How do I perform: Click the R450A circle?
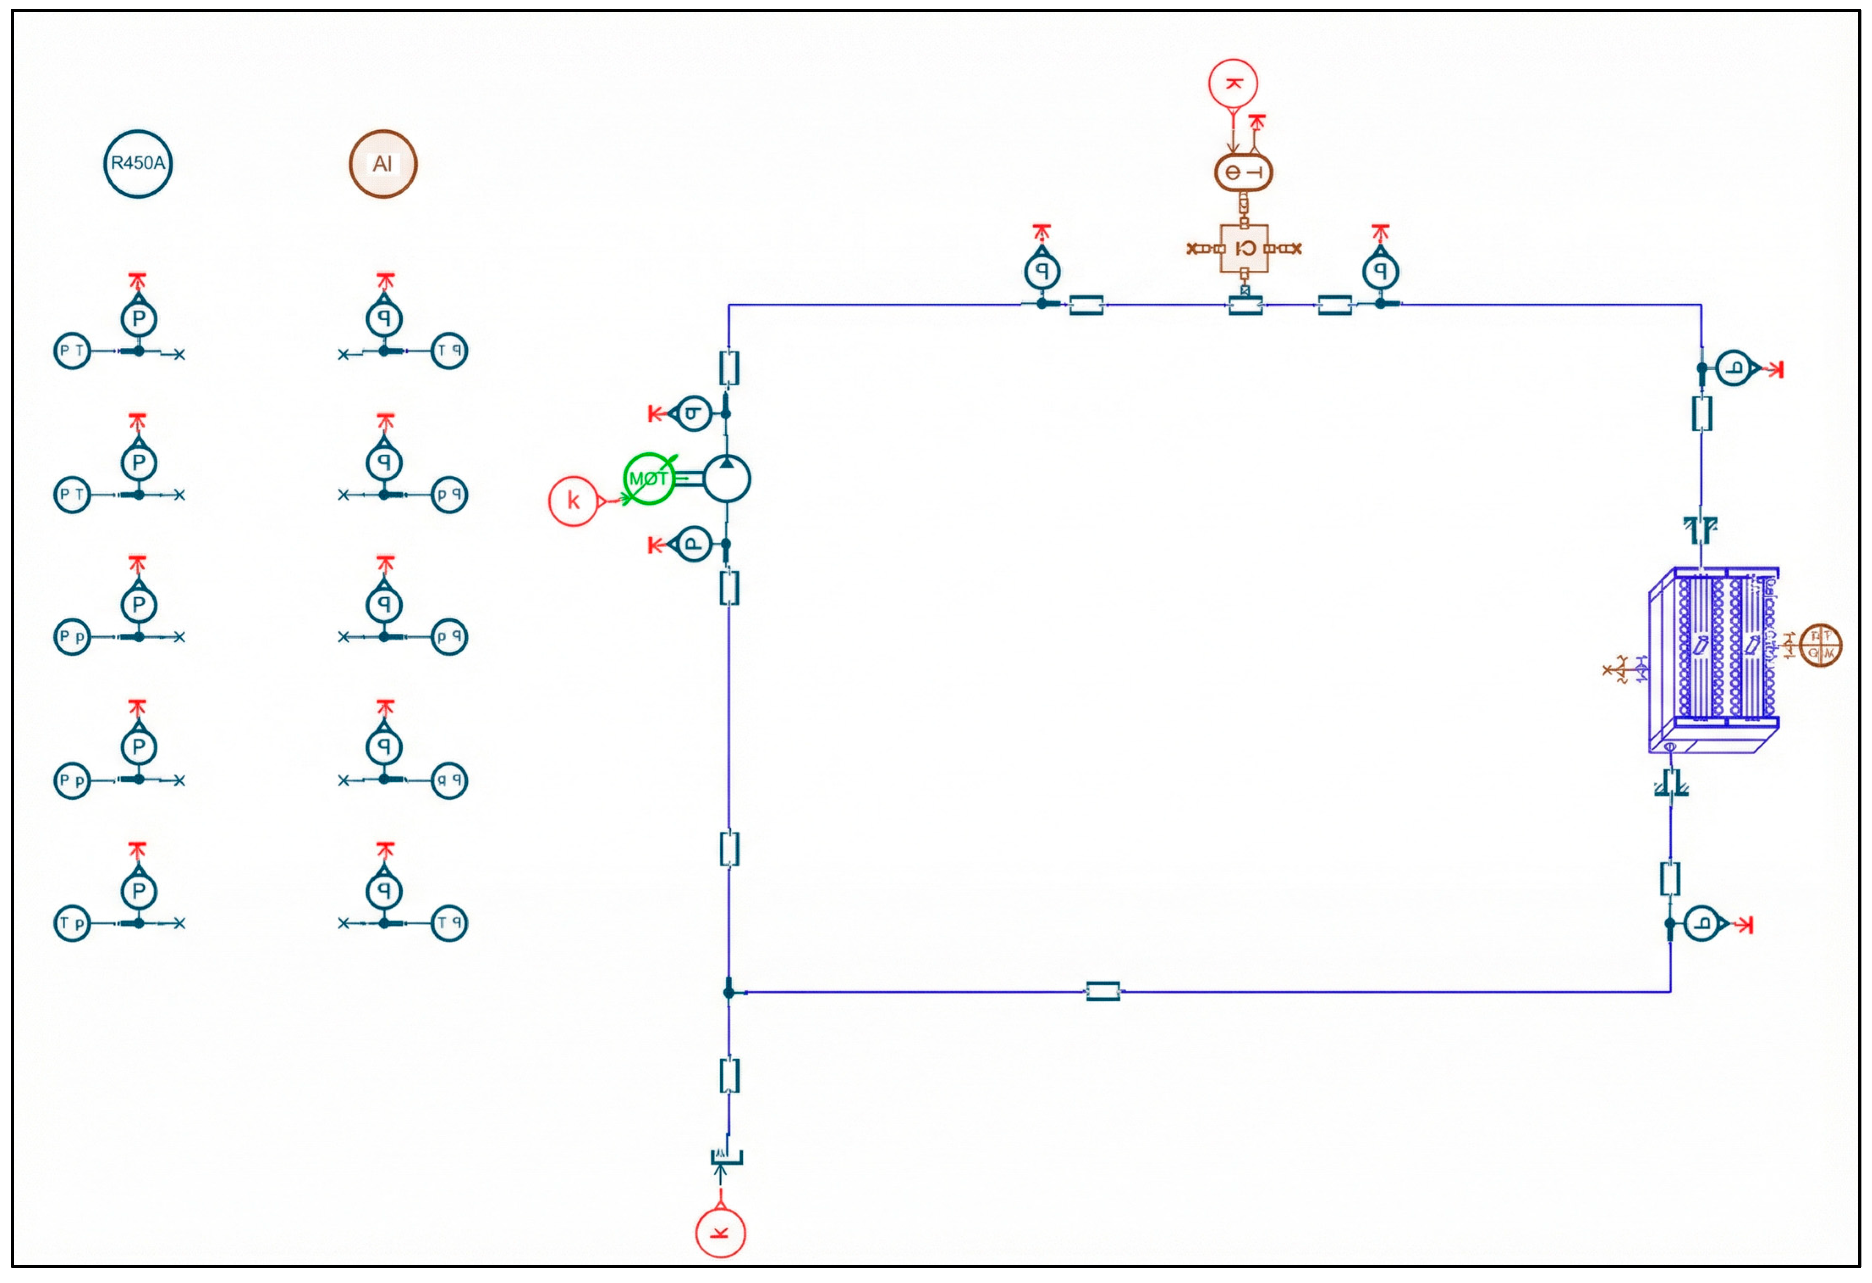(x=138, y=164)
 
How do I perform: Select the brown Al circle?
(x=383, y=164)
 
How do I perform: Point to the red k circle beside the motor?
(x=573, y=501)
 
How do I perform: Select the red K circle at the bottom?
(x=720, y=1232)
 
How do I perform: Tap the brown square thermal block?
(x=1244, y=248)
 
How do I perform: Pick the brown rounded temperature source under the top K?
(x=1243, y=172)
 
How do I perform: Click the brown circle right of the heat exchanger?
(x=1820, y=645)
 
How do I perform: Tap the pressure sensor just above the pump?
(x=693, y=413)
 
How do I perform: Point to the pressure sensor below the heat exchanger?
(x=1702, y=924)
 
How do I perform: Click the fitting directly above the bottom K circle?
(x=727, y=1157)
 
